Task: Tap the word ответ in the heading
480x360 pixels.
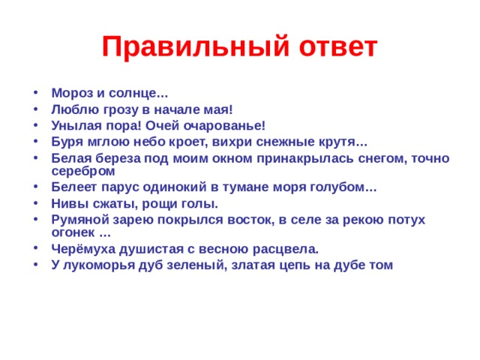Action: [334, 46]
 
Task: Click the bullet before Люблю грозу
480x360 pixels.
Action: [37, 109]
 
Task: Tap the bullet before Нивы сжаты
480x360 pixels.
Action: [37, 203]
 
